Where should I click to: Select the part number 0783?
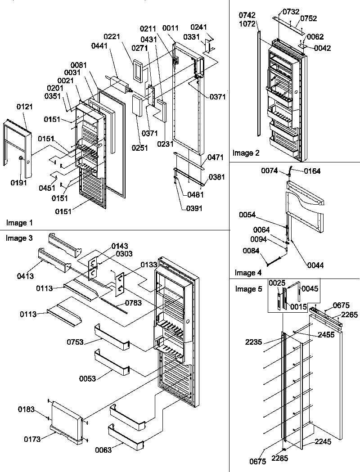pyautogui.click(x=134, y=303)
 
